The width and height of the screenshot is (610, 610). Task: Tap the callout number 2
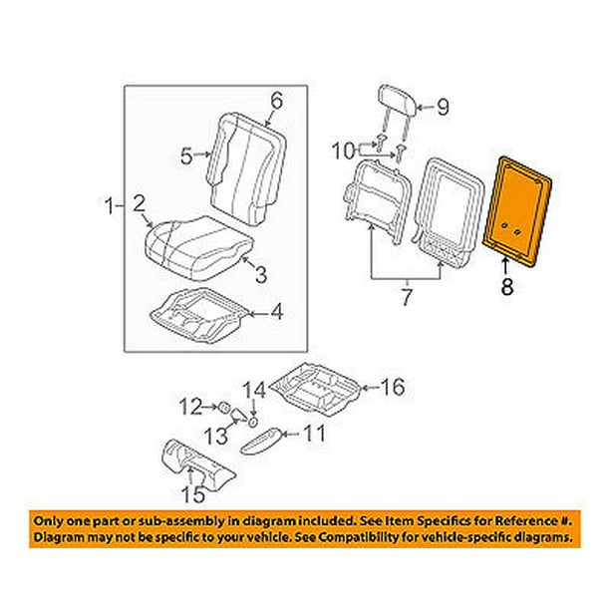(x=142, y=203)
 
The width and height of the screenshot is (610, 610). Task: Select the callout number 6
(x=276, y=101)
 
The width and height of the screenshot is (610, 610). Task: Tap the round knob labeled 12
(x=225, y=407)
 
